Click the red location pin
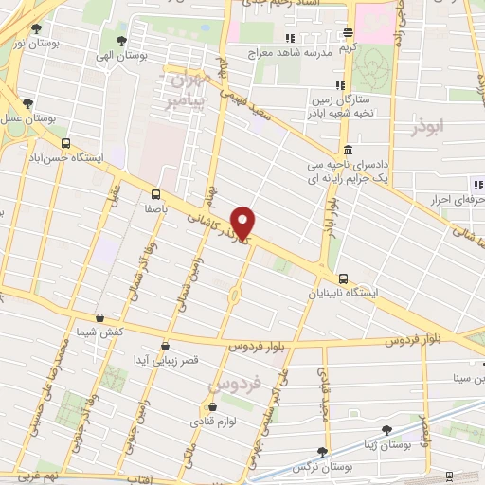pos(244,223)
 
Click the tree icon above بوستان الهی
pos(121,40)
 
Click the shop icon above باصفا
pos(154,190)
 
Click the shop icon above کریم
pos(349,31)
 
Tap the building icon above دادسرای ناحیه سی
pos(349,150)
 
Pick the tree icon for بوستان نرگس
pos(323,452)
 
